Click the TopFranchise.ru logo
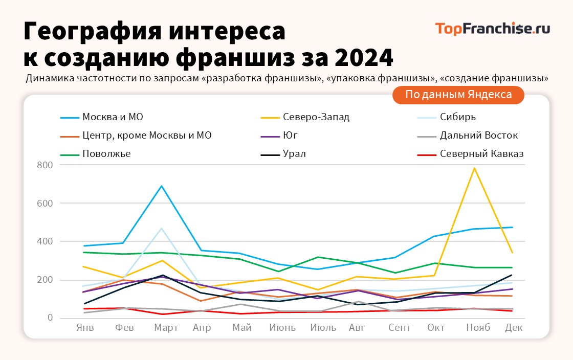tap(492, 29)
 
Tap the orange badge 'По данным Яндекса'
tap(458, 95)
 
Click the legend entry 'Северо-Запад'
tap(316, 117)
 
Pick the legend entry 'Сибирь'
tap(457, 117)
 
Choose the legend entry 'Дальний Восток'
tap(478, 136)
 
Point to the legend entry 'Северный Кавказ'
tap(481, 154)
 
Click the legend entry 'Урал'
tap(294, 154)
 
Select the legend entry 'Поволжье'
tap(106, 154)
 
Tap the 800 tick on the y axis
tap(45, 165)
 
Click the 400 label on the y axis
tap(45, 241)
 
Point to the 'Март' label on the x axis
tap(166, 328)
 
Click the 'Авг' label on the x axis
tap(357, 328)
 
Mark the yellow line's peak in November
tap(475, 168)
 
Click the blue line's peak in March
tap(162, 186)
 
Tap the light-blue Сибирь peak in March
tap(162, 228)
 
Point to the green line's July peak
tap(318, 257)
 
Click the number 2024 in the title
tap(364, 58)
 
